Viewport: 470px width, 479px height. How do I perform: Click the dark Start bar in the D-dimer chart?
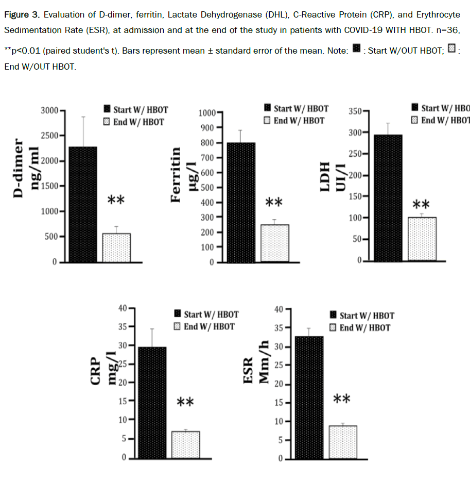click(82, 205)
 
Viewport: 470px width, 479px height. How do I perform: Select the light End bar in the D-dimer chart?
click(116, 248)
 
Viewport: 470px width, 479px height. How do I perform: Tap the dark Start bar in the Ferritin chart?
click(241, 202)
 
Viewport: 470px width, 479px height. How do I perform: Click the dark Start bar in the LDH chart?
click(388, 198)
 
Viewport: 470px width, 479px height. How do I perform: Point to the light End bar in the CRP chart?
click(185, 444)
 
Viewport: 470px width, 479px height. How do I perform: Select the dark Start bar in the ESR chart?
click(309, 397)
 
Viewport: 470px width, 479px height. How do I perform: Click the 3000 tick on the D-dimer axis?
click(51, 110)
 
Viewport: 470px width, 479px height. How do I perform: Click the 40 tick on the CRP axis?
click(124, 308)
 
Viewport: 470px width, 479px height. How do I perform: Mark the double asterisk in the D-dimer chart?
click(116, 200)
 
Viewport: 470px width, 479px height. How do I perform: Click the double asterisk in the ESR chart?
click(342, 399)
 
